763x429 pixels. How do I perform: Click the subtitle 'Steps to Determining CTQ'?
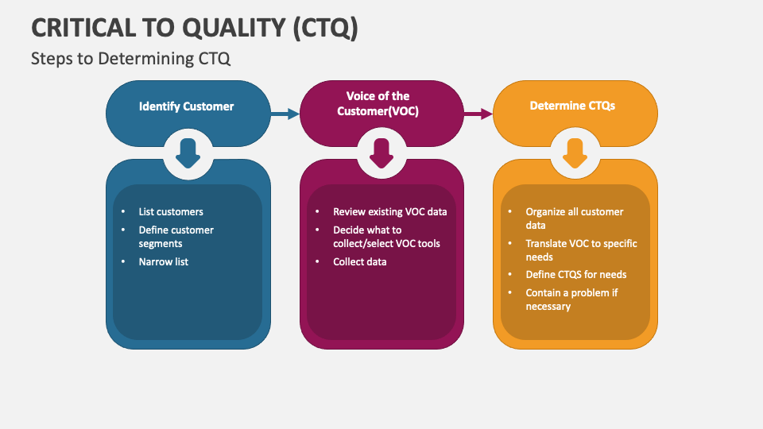click(131, 59)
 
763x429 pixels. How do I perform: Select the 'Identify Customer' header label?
click(187, 106)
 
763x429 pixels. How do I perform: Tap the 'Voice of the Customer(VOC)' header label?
click(378, 104)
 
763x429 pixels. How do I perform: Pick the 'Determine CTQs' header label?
click(572, 106)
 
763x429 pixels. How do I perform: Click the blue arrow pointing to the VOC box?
click(284, 114)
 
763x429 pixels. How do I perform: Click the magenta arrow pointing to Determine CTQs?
click(478, 114)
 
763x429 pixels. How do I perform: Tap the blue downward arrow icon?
click(188, 153)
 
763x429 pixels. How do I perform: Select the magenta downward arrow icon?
click(381, 153)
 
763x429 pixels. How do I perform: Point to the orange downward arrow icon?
click(575, 153)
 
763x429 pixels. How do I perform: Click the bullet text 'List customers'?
click(171, 212)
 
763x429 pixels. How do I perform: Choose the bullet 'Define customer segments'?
click(176, 237)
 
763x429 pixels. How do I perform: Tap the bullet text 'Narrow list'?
click(164, 261)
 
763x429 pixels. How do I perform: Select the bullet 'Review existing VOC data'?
click(389, 212)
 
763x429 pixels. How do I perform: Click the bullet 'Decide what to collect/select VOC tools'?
click(386, 237)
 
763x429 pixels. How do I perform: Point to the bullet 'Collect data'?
click(360, 261)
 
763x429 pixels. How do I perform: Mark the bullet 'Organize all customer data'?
click(574, 218)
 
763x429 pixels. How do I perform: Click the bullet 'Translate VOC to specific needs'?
click(581, 250)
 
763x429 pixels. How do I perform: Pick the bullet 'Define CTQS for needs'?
click(576, 275)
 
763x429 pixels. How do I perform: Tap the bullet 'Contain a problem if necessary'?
click(571, 300)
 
